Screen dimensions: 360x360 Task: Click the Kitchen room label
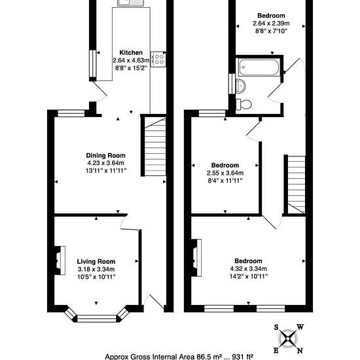pos(131,52)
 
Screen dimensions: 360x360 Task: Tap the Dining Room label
pos(105,155)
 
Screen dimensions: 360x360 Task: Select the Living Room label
pos(96,262)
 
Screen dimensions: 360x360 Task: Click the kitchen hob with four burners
pos(158,59)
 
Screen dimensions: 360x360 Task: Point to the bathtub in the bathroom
pos(259,67)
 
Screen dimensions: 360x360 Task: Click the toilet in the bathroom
pos(243,105)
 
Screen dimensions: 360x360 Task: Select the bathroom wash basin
pos(240,86)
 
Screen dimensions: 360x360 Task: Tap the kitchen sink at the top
pos(131,3)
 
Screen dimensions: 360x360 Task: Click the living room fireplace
pos(60,261)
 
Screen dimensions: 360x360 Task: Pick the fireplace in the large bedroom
pos(196,258)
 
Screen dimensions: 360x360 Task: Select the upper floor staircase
pos(297,185)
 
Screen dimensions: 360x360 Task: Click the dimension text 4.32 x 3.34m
pos(248,268)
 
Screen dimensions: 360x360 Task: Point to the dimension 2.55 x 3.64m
pos(225,173)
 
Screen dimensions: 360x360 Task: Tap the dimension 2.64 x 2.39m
pos(271,23)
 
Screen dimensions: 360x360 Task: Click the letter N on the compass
pos(300,351)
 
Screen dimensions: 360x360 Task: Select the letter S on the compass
pos(276,327)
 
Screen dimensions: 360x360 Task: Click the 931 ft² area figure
pos(242,357)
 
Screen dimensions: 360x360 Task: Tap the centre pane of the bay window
pos(97,319)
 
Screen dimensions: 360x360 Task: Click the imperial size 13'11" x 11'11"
pos(106,171)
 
